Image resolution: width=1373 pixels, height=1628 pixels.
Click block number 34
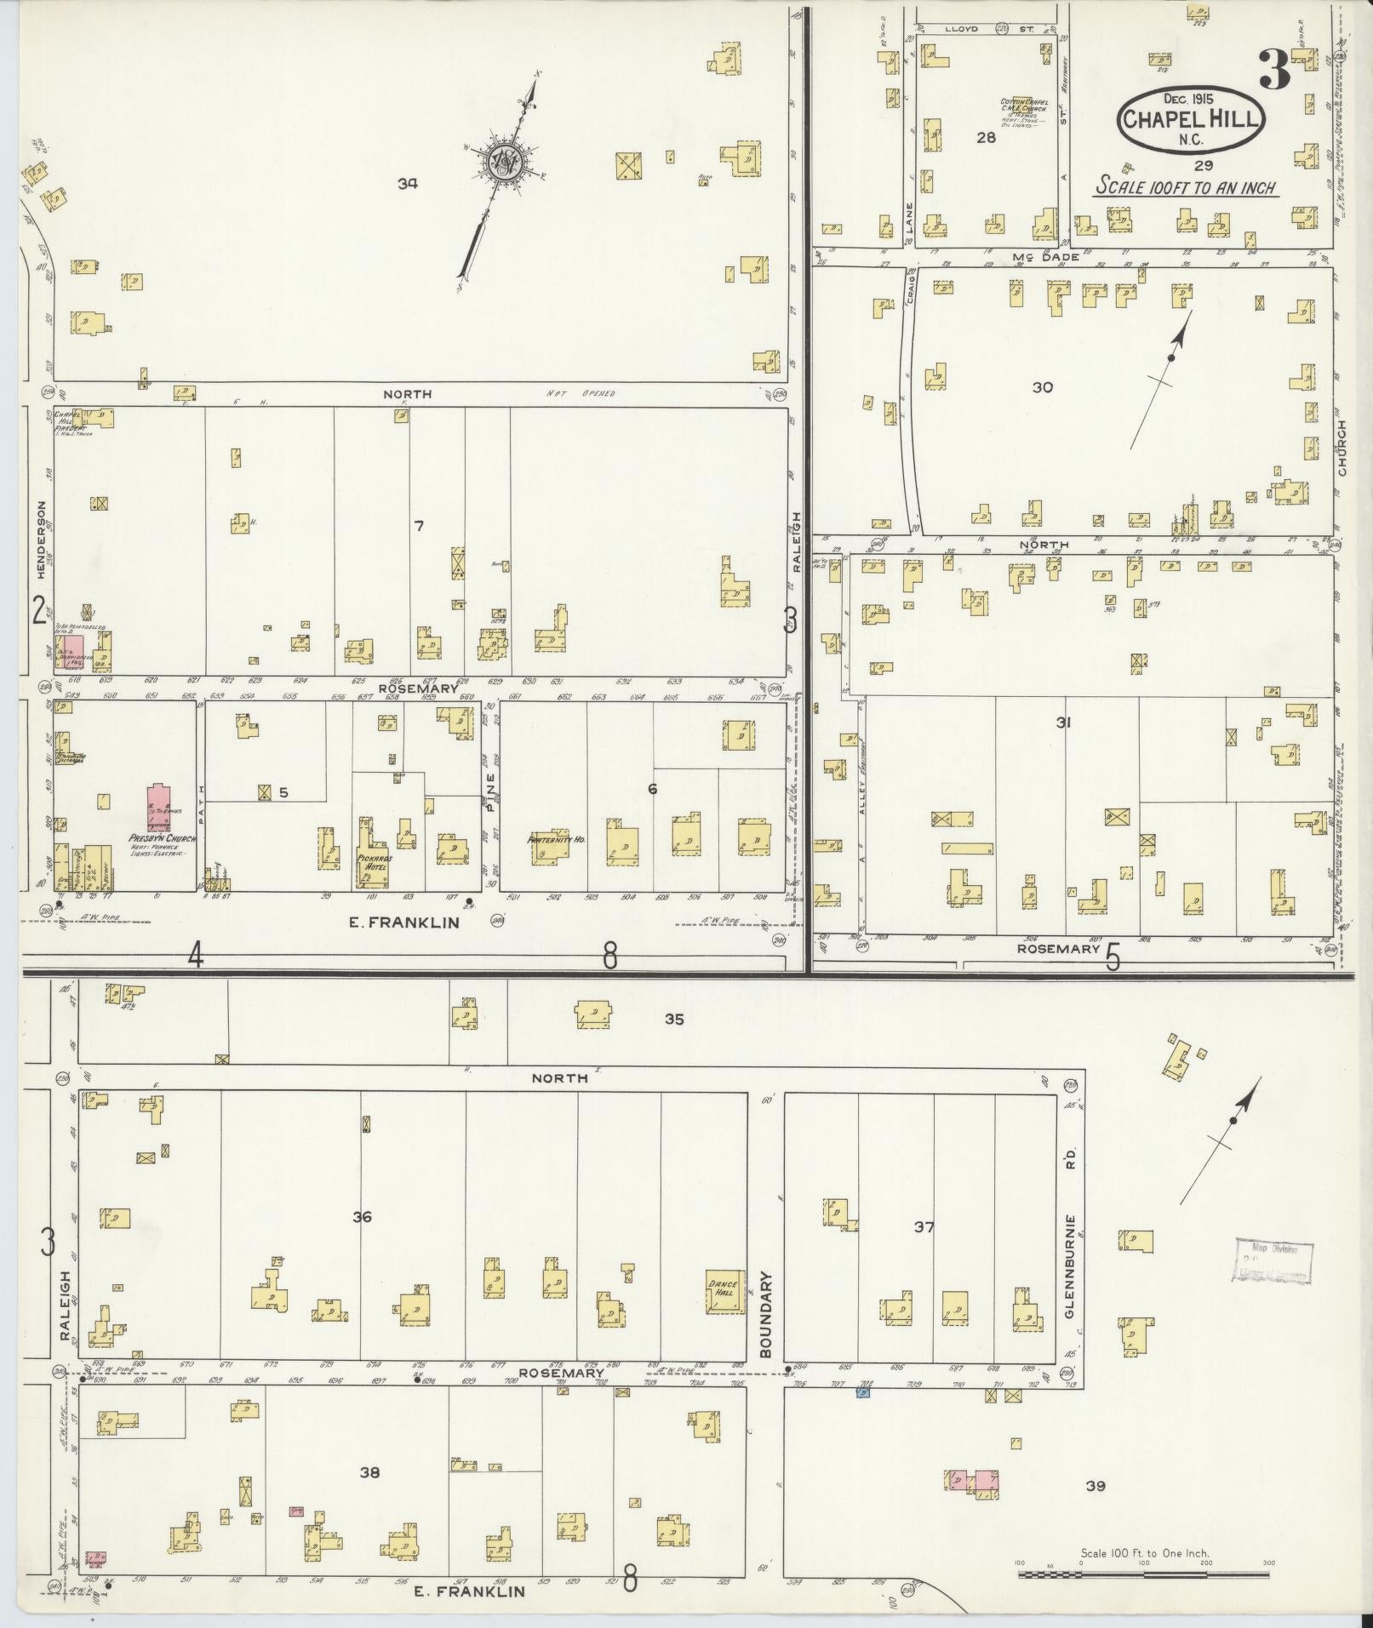pyautogui.click(x=407, y=181)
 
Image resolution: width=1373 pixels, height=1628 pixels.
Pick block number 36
pyautogui.click(x=362, y=1217)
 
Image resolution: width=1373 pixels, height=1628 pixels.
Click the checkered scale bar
pyautogui.click(x=1143, y=1574)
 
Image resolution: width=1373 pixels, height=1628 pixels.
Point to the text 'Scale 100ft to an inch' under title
pyautogui.click(x=1186, y=186)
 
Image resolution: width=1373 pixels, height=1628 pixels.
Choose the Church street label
pyautogui.click(x=1342, y=450)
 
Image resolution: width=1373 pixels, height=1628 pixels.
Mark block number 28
pyautogui.click(x=986, y=137)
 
